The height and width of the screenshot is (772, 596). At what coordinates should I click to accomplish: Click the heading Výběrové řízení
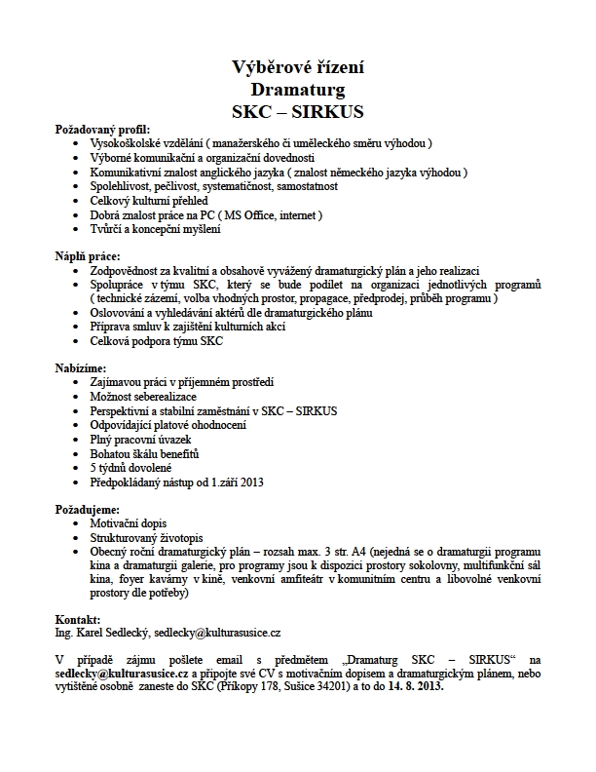coord(298,67)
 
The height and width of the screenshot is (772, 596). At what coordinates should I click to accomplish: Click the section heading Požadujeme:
coord(88,509)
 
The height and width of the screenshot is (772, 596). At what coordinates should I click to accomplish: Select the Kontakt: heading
coord(78,620)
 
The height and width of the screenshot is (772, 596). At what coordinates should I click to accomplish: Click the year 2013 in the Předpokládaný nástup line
coord(251,482)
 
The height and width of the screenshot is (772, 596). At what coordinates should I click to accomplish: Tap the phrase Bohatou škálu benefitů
coord(144,453)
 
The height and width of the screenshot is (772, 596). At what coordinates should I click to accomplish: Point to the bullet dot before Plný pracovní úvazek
coord(79,440)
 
